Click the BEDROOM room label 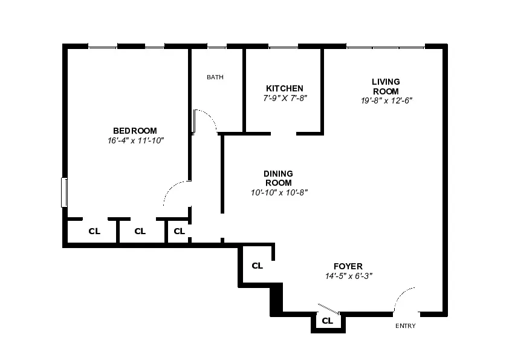[135, 131]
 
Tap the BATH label [215, 77]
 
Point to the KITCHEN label [285, 88]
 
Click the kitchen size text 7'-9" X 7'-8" [285, 98]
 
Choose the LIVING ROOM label [386, 87]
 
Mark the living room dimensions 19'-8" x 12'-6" [386, 101]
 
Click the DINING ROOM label [278, 178]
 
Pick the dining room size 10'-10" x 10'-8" [279, 192]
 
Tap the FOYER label [348, 266]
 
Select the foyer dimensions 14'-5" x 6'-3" [348, 276]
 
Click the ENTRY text [405, 326]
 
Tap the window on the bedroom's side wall [63, 192]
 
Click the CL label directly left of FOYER [257, 266]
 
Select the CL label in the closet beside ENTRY [327, 321]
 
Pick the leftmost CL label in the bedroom [94, 231]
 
